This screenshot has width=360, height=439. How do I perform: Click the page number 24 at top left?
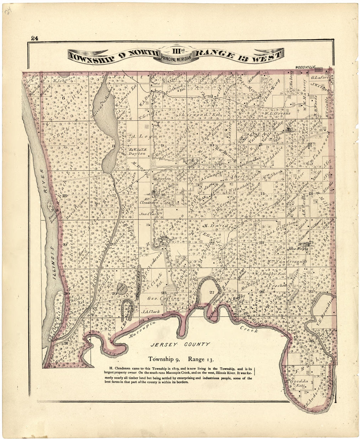pyautogui.click(x=35, y=38)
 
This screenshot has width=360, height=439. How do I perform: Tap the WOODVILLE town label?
pyautogui.click(x=304, y=67)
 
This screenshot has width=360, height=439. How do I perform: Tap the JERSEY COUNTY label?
pyautogui.click(x=180, y=344)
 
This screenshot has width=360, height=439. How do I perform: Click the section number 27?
pyautogui.click(x=212, y=292)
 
